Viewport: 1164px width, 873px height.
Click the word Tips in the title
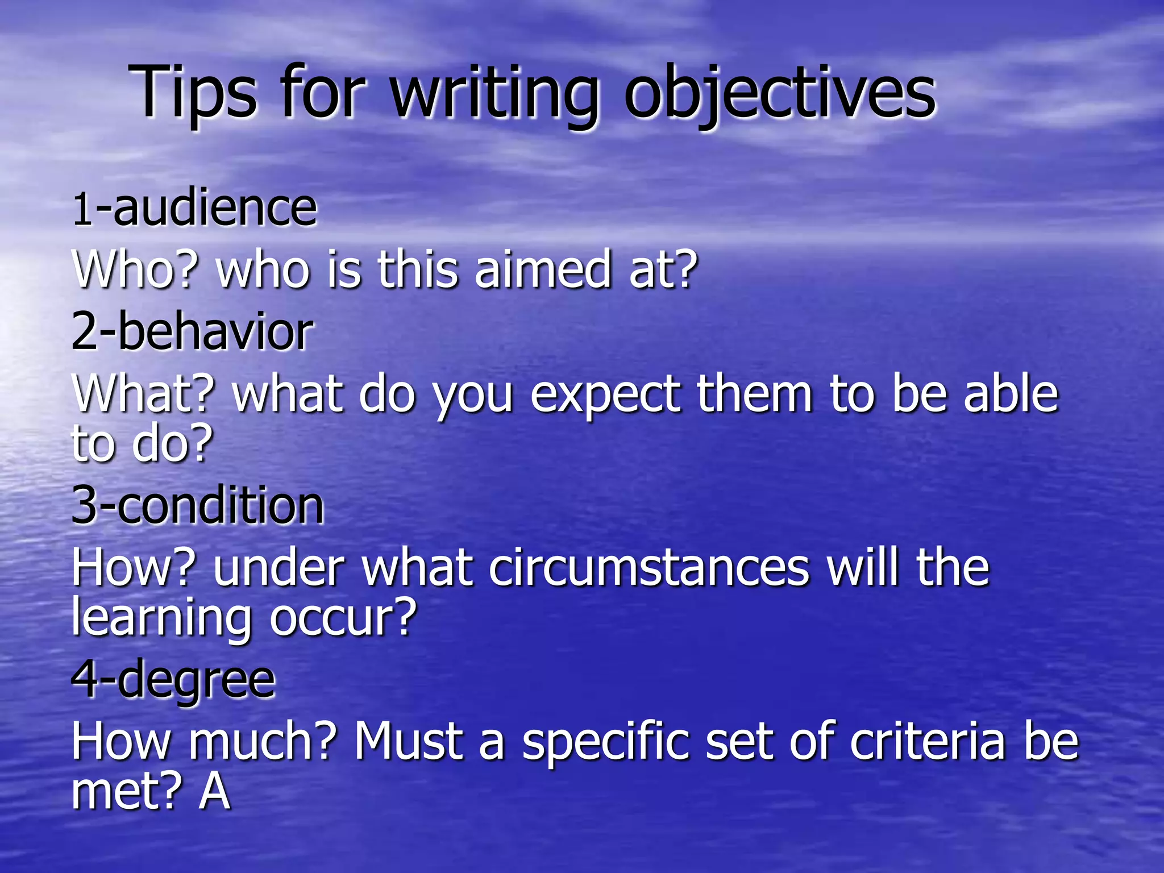(x=193, y=92)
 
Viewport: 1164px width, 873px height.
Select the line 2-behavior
(x=192, y=332)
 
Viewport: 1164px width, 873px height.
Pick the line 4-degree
(x=173, y=681)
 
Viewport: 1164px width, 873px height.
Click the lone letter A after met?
(x=214, y=792)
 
